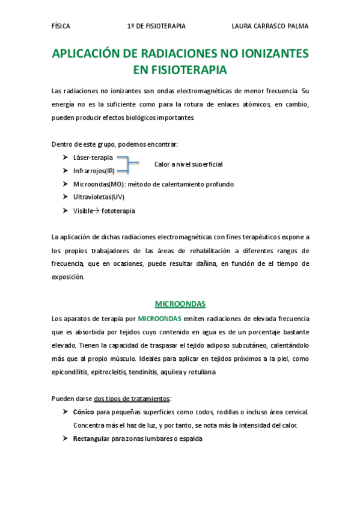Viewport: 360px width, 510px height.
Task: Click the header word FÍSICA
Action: pyautogui.click(x=61, y=26)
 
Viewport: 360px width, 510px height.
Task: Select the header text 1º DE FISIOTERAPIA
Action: pyautogui.click(x=156, y=26)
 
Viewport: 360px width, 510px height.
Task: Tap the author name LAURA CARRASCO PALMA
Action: pyautogui.click(x=270, y=26)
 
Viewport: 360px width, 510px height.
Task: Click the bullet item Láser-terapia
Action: pyautogui.click(x=93, y=158)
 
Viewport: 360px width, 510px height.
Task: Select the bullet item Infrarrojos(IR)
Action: pyautogui.click(x=94, y=171)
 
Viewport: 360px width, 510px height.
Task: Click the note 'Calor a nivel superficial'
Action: pyautogui.click(x=188, y=164)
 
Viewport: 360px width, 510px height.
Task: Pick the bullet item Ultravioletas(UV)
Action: pyautogui.click(x=99, y=197)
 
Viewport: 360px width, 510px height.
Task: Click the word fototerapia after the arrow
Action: pyautogui.click(x=118, y=210)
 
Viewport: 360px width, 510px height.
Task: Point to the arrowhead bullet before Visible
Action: pyautogui.click(x=64, y=210)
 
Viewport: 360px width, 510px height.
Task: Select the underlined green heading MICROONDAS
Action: pyautogui.click(x=180, y=304)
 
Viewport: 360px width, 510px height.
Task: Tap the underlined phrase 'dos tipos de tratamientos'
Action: pyautogui.click(x=132, y=398)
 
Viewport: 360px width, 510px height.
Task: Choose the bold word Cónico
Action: pyautogui.click(x=84, y=412)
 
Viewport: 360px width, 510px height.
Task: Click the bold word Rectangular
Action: pyautogui.click(x=91, y=438)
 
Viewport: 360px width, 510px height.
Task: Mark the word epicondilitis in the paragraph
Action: pyautogui.click(x=70, y=372)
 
